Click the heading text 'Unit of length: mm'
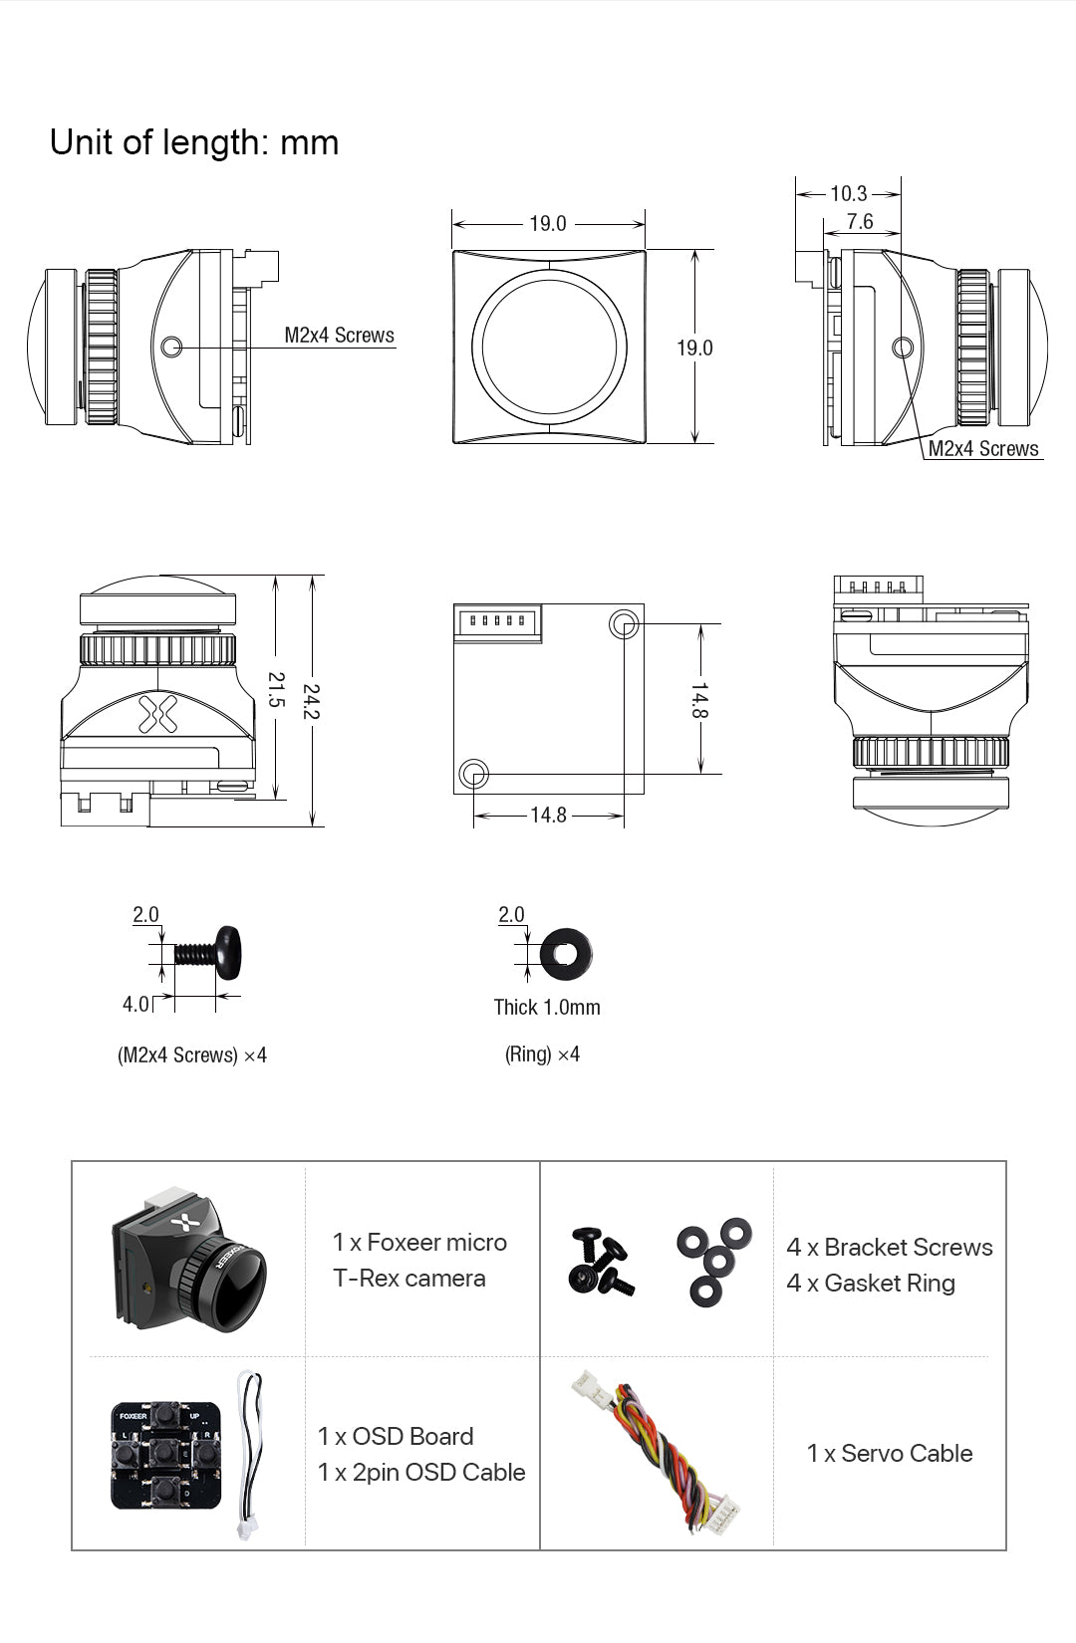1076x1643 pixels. pyautogui.click(x=194, y=142)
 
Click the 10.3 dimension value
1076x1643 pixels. pyautogui.click(x=848, y=193)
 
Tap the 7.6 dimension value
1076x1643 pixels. pyautogui.click(x=859, y=221)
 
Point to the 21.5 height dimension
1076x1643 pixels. pyautogui.click(x=276, y=689)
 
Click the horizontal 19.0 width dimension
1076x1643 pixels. pyautogui.click(x=547, y=223)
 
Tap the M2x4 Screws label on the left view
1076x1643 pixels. pyautogui.click(x=339, y=335)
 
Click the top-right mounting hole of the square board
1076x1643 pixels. pyautogui.click(x=624, y=624)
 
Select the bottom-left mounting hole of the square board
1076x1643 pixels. pyautogui.click(x=473, y=773)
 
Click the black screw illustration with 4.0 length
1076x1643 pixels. pyautogui.click(x=209, y=954)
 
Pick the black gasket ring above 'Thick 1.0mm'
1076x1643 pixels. pyautogui.click(x=565, y=954)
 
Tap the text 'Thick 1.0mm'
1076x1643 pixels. pyautogui.click(x=547, y=1007)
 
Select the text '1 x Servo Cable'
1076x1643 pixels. pyautogui.click(x=889, y=1453)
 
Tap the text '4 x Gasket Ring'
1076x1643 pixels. pyautogui.click(x=870, y=1283)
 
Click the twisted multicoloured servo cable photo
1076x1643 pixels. pyautogui.click(x=658, y=1450)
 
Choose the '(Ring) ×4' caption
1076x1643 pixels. pyautogui.click(x=542, y=1054)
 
